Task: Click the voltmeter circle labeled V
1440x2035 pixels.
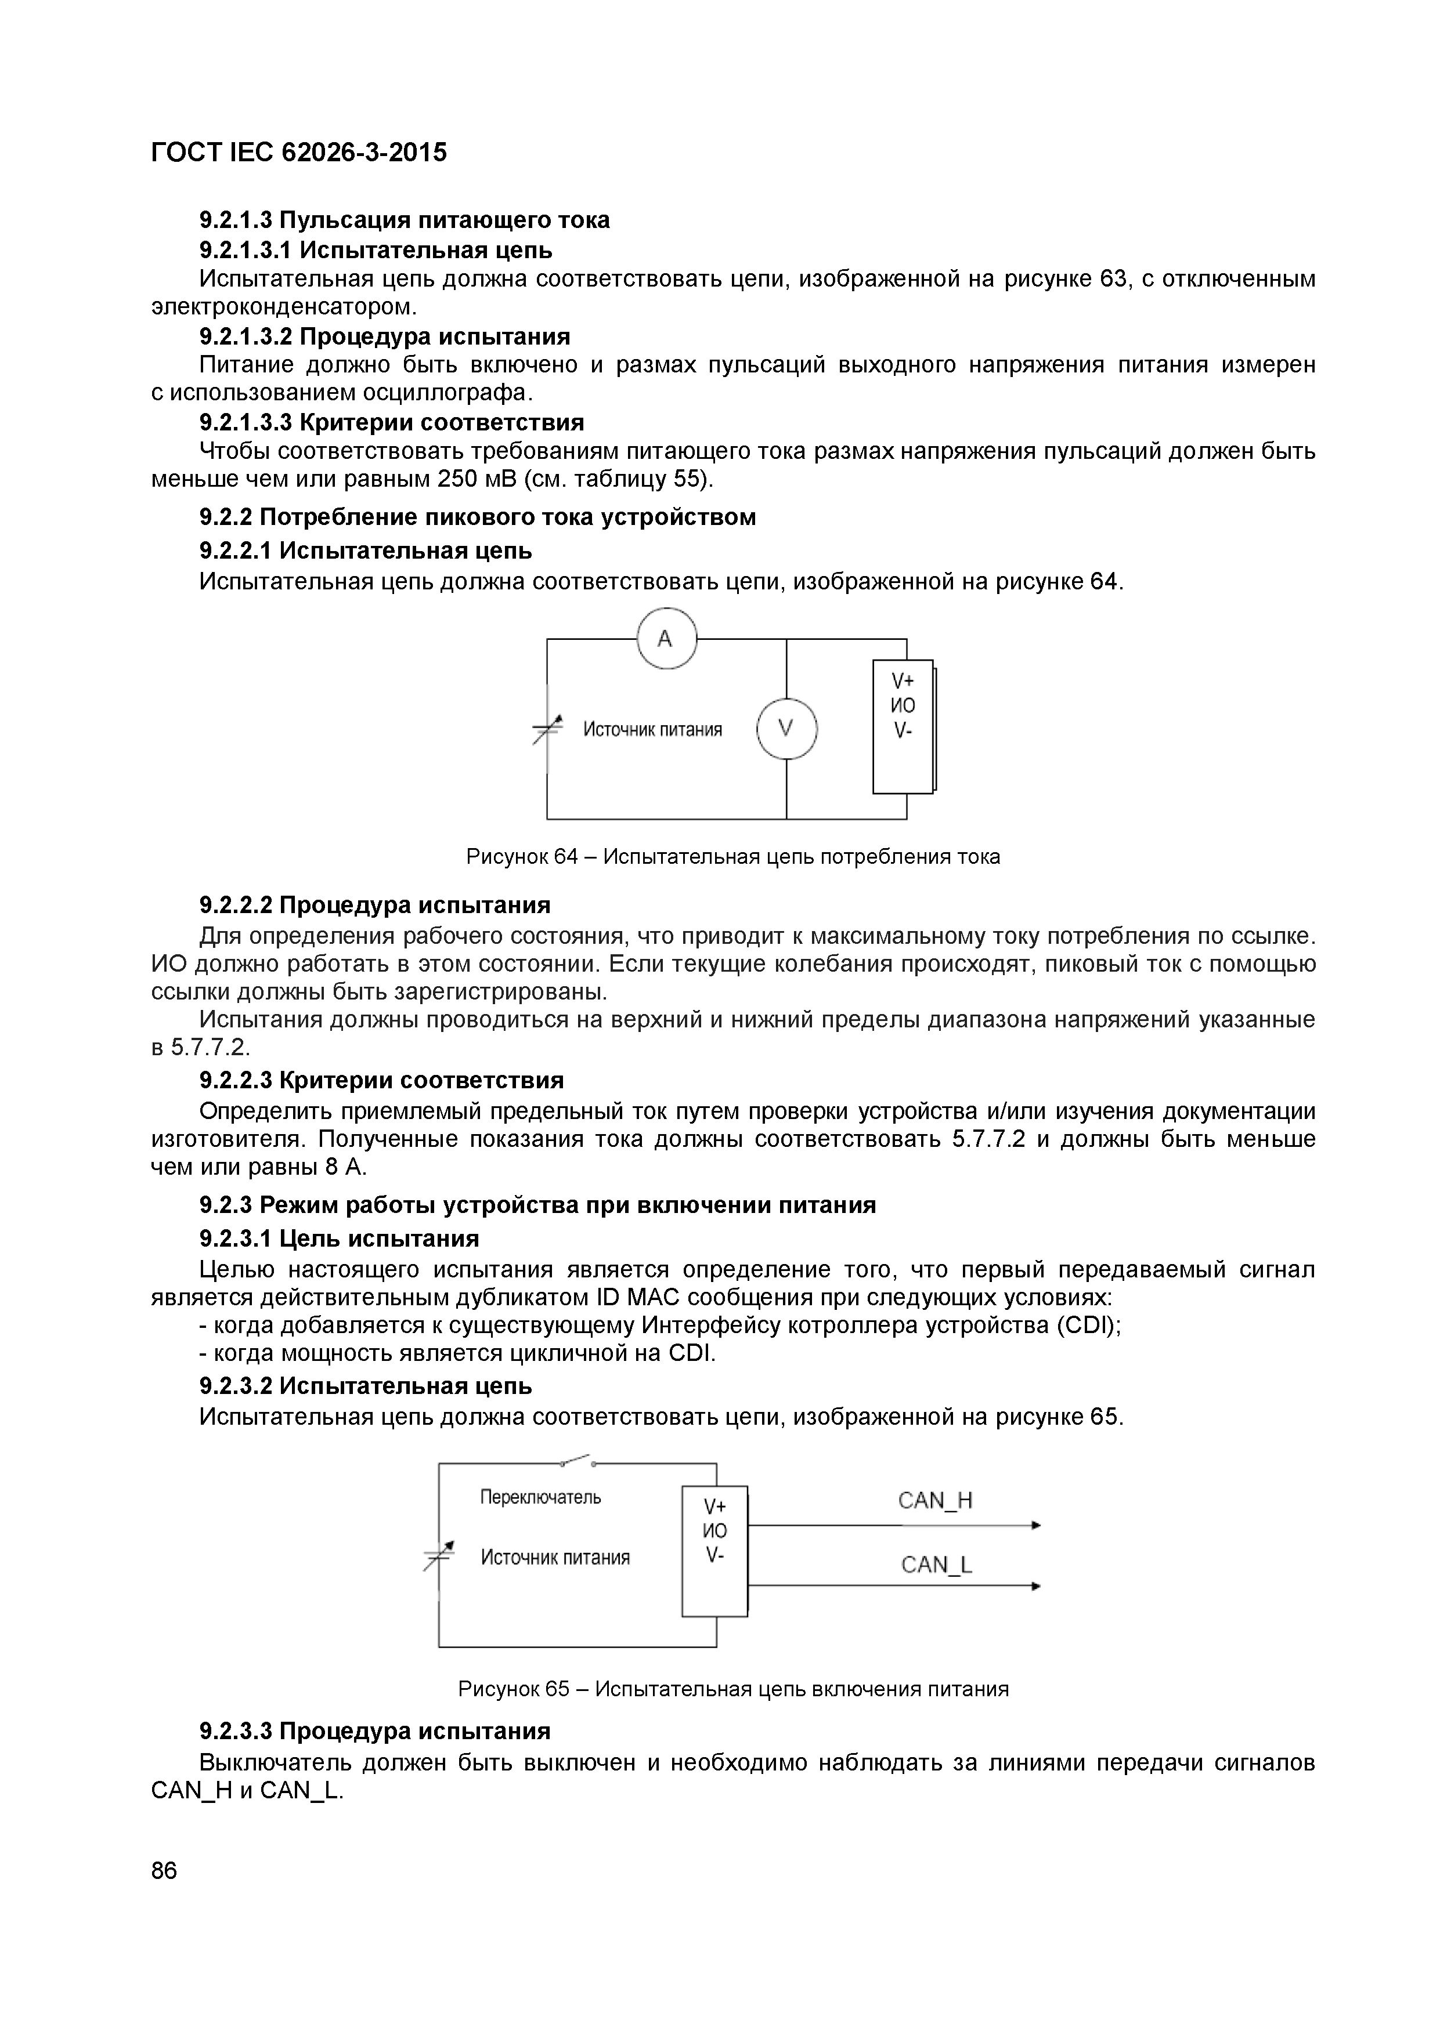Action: [786, 729]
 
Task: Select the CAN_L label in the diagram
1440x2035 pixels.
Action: [936, 1565]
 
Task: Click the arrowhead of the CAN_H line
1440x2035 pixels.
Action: [1035, 1525]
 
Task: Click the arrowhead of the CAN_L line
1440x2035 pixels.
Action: [1035, 1587]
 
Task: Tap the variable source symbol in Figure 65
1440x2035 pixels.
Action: [439, 1555]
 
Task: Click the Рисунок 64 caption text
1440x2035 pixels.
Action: [732, 857]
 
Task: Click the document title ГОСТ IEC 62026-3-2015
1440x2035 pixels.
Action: [299, 153]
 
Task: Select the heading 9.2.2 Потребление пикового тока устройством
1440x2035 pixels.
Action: [477, 517]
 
